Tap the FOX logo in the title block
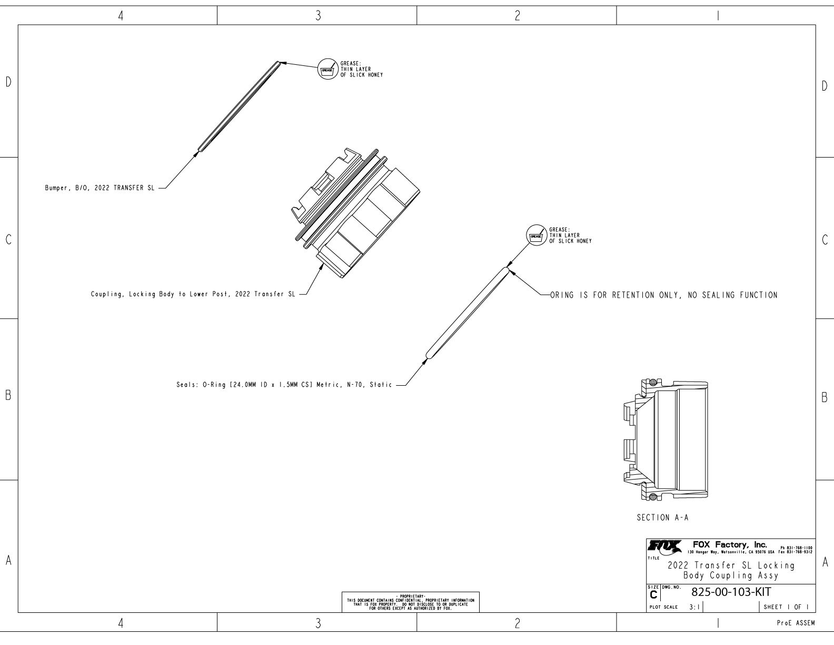click(660, 546)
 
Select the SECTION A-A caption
click(662, 518)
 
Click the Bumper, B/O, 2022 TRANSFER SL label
click(100, 188)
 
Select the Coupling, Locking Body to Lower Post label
click(193, 295)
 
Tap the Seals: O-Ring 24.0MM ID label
click(284, 385)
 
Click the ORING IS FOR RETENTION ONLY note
click(663, 295)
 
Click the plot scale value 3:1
click(694, 607)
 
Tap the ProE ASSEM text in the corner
click(796, 623)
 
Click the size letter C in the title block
click(654, 594)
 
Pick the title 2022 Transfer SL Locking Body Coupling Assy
click(731, 570)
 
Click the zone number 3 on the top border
click(317, 16)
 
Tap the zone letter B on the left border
click(8, 396)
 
